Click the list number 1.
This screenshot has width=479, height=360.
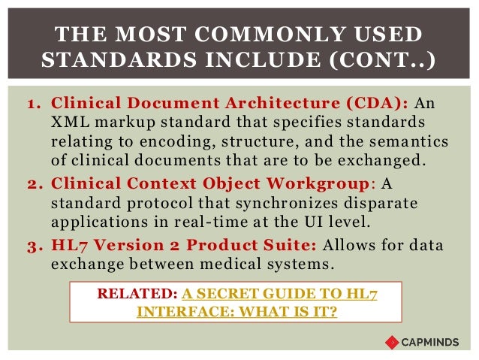tap(32, 104)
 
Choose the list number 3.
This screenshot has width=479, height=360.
tap(32, 247)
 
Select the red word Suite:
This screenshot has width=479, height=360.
tap(293, 247)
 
